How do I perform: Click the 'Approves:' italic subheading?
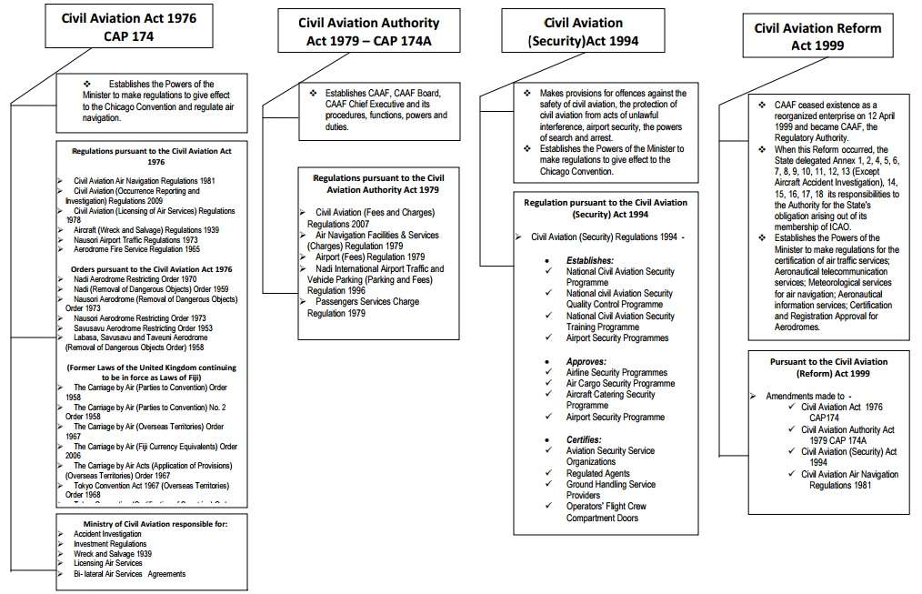pos(586,361)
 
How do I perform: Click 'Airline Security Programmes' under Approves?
pos(616,373)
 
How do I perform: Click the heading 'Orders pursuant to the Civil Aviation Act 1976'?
pos(151,269)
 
